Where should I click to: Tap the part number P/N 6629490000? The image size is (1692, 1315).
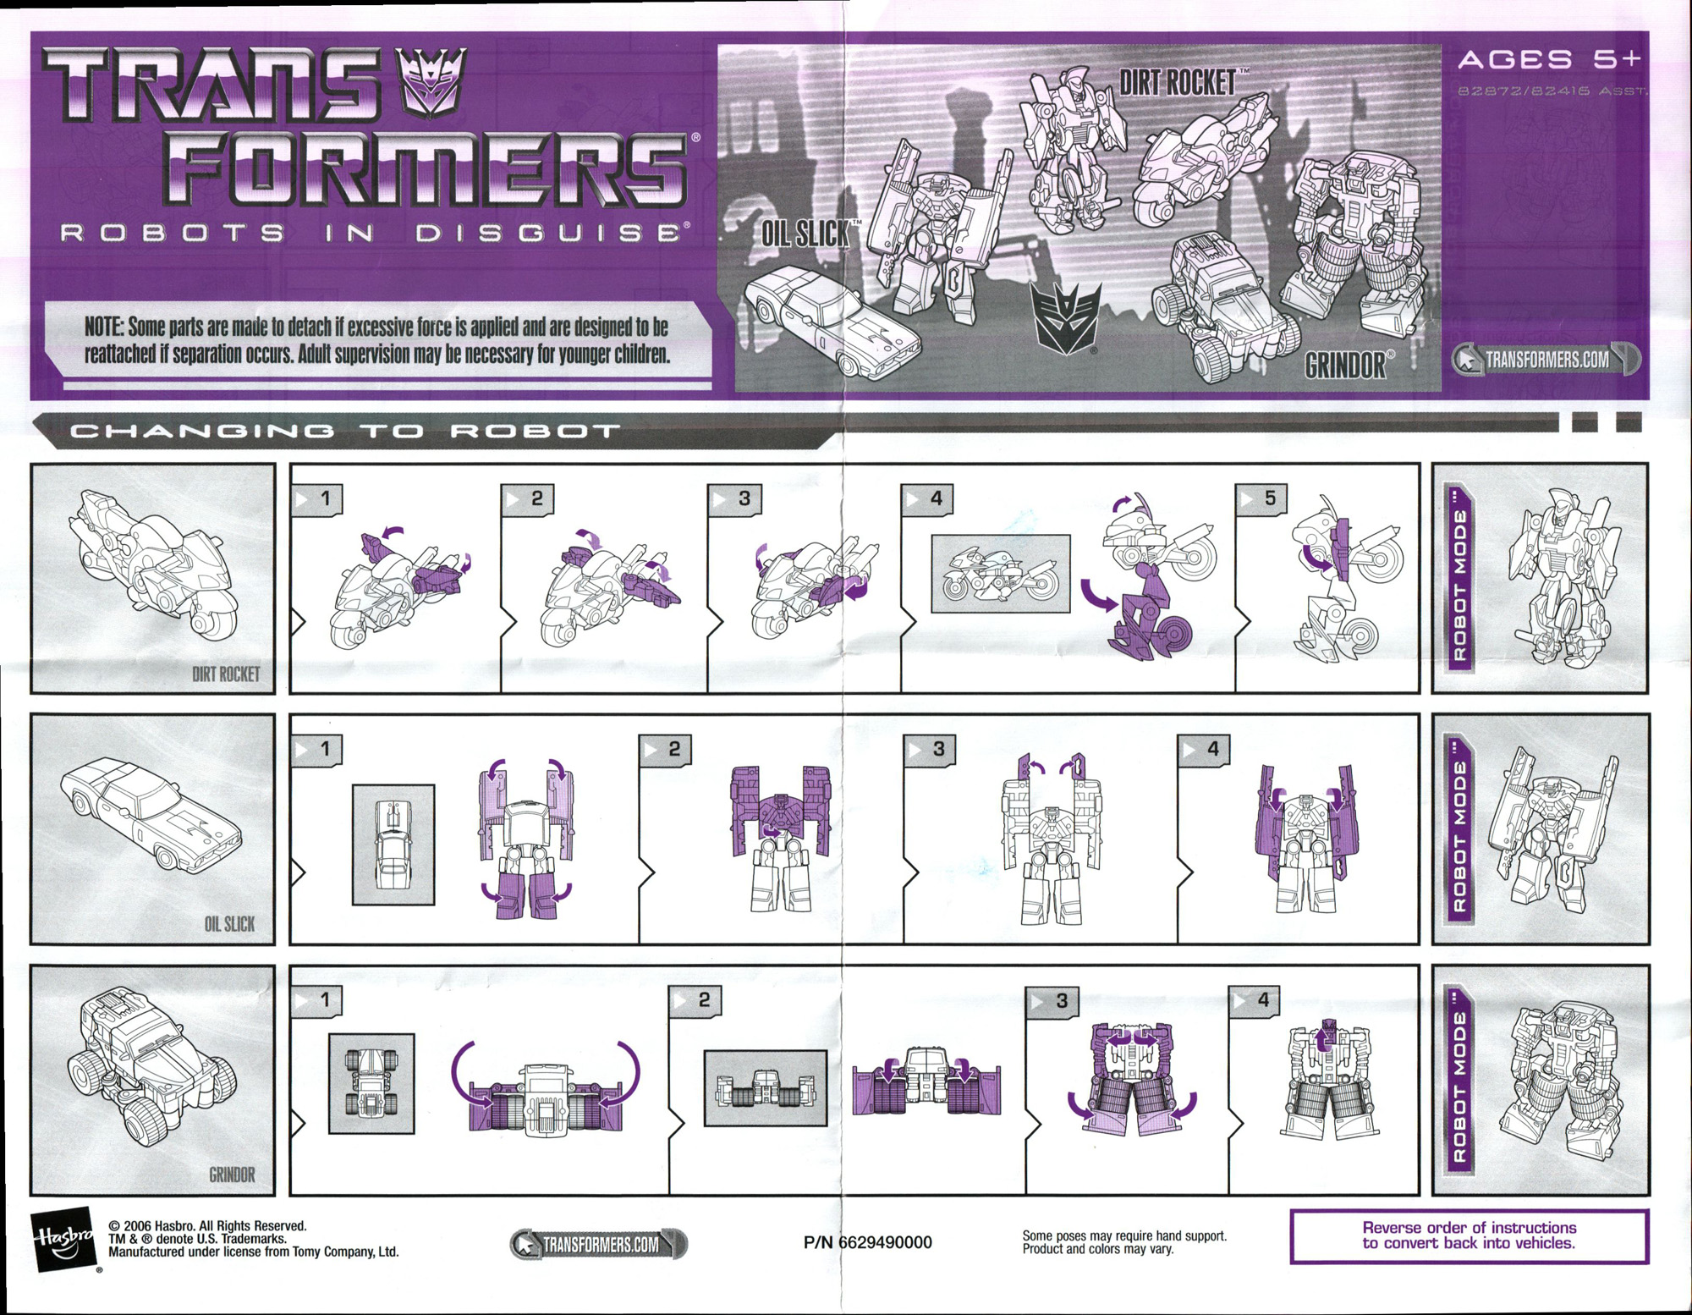[867, 1242]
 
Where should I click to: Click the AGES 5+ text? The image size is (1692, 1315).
[1549, 59]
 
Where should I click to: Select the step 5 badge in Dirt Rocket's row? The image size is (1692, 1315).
[1261, 498]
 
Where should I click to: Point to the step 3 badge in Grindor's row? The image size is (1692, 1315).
[1052, 1001]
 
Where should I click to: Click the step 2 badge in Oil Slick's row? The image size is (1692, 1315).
[665, 749]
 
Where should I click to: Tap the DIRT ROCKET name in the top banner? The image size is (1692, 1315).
[1178, 83]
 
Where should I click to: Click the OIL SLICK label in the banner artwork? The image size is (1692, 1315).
[805, 234]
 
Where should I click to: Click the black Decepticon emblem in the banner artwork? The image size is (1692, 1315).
[1065, 319]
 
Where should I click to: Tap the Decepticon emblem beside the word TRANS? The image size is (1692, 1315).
[431, 82]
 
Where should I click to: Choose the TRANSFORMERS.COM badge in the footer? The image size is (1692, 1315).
[599, 1244]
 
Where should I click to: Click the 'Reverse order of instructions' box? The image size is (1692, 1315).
[1469, 1235]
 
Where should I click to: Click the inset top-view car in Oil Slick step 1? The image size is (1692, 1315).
[393, 845]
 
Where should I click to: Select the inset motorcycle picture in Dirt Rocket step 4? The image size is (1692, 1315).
[1000, 573]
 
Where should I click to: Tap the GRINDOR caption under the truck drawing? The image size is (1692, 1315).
[232, 1175]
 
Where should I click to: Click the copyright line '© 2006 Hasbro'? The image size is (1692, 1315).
[207, 1225]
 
